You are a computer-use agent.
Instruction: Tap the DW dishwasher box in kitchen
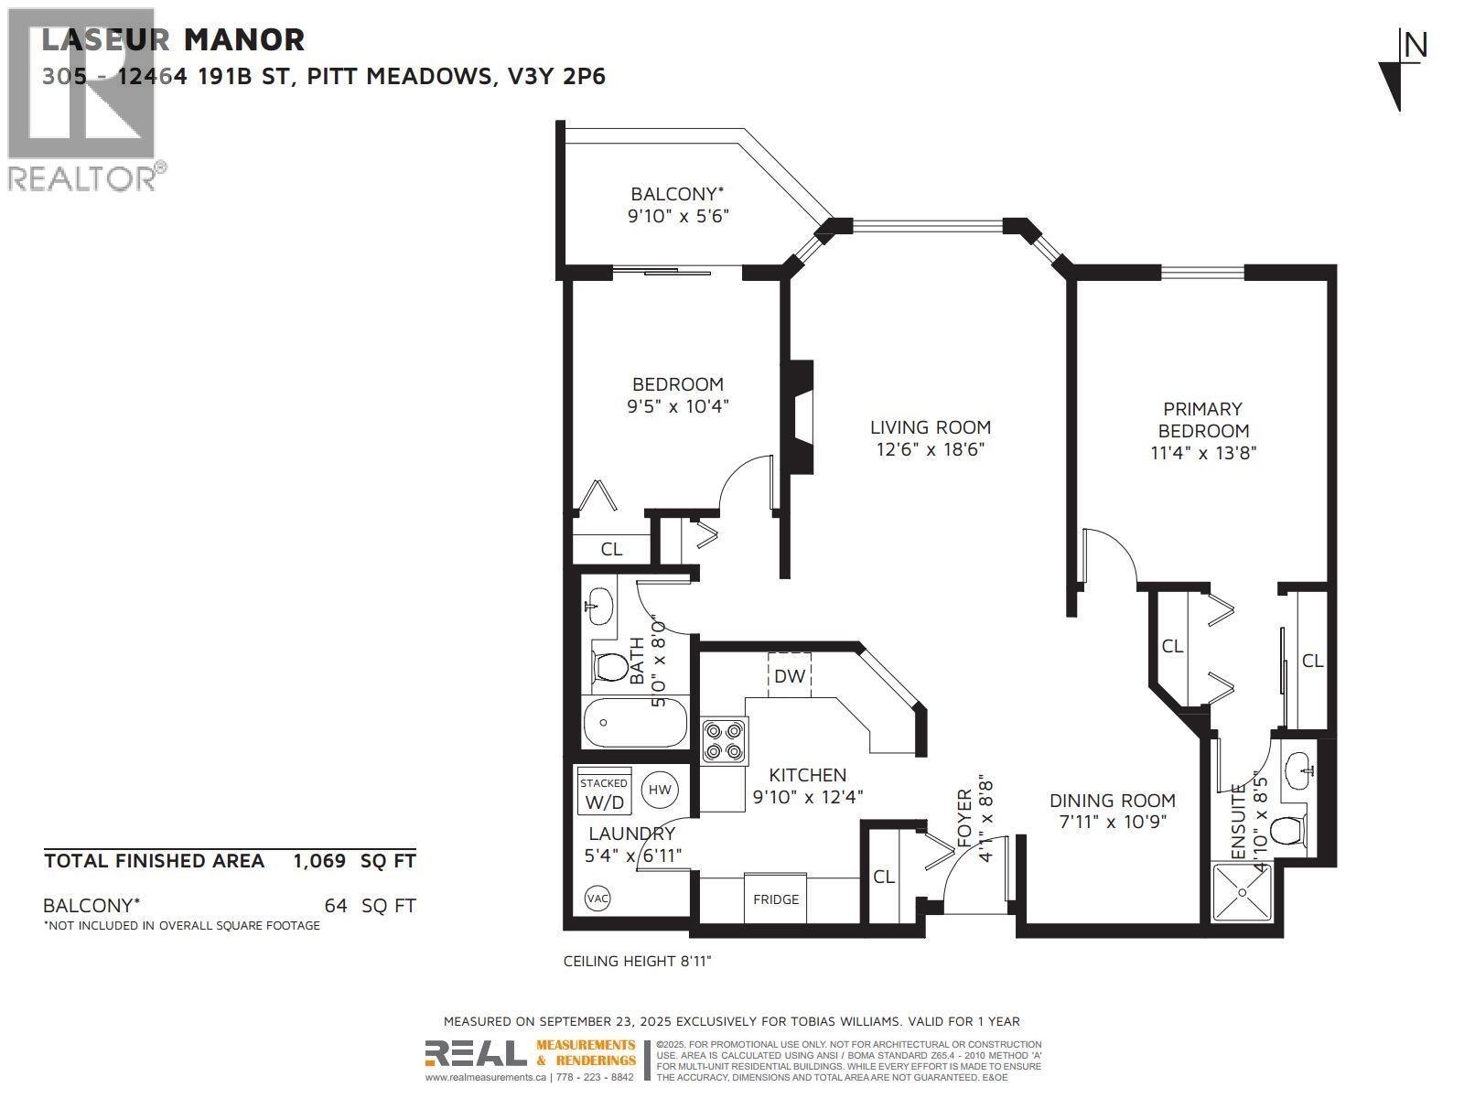[x=789, y=675]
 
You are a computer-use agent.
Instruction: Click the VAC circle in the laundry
[x=597, y=899]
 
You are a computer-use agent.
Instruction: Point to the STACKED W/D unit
[x=604, y=792]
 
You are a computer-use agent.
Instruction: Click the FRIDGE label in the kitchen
[x=776, y=899]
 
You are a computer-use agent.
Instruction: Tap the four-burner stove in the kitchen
[x=724, y=740]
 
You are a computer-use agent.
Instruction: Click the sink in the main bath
[x=599, y=604]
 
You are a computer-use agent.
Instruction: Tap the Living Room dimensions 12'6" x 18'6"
[x=930, y=449]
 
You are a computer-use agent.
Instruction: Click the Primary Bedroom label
[x=1203, y=420]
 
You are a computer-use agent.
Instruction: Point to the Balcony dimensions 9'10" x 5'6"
[x=677, y=217]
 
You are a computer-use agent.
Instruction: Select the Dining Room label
[x=1112, y=800]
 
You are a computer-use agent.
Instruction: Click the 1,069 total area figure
[x=319, y=860]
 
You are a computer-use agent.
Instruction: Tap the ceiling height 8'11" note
[x=637, y=961]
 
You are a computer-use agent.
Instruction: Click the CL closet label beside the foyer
[x=883, y=877]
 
